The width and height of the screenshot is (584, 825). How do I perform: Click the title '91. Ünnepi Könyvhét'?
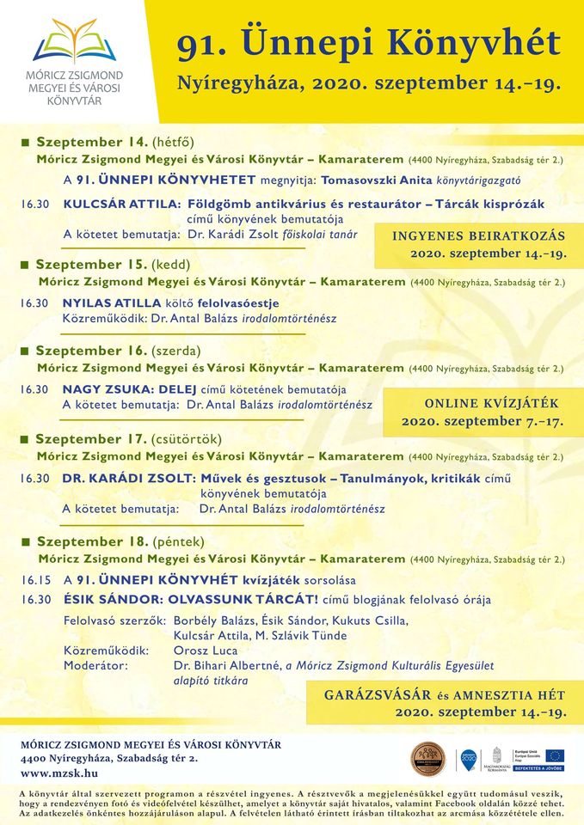(368, 43)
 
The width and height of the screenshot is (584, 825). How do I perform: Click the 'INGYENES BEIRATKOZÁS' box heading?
(479, 236)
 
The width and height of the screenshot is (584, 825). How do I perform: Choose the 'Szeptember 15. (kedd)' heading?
(112, 264)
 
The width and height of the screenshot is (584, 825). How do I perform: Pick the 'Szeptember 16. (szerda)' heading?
(118, 351)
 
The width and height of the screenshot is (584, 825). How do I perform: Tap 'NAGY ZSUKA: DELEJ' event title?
(131, 389)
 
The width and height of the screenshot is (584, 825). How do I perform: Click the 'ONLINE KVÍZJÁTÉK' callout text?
(491, 403)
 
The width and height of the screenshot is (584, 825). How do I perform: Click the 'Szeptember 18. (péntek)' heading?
(120, 541)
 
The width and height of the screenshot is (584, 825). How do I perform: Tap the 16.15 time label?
(36, 580)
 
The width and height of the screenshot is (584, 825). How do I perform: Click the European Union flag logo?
(554, 755)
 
